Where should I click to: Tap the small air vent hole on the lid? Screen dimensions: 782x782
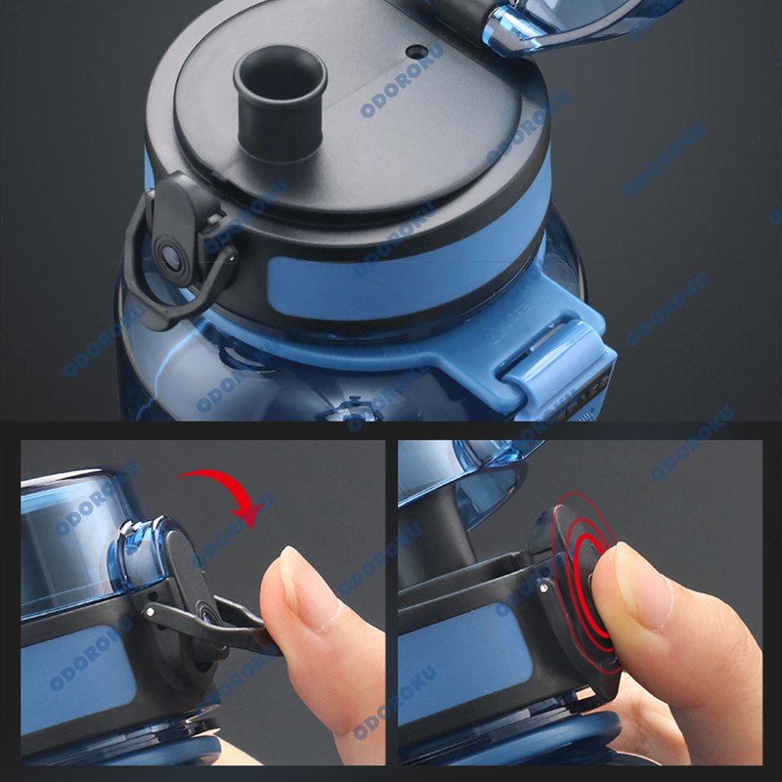click(x=417, y=51)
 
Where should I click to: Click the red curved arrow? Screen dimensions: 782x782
click(x=225, y=492)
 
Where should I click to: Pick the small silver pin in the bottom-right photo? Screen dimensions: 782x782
click(x=543, y=588)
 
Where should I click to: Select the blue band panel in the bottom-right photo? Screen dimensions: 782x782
click(x=463, y=664)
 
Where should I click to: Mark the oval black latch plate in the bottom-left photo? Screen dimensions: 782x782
click(x=189, y=593)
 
